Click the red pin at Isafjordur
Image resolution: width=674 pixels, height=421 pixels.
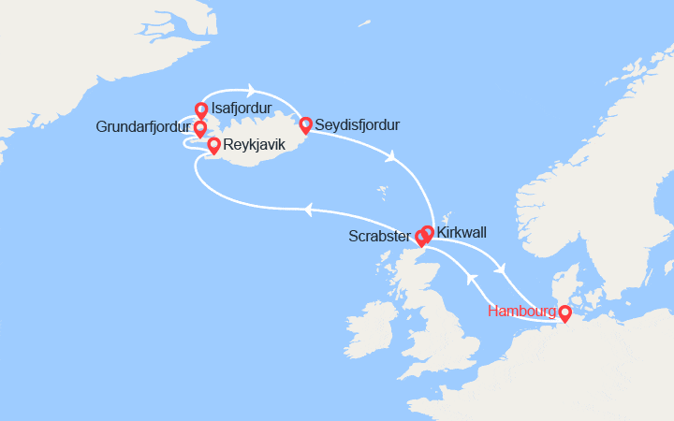(200, 110)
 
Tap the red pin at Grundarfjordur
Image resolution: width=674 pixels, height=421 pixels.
(200, 128)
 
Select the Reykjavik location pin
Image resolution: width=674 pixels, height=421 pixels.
(213, 145)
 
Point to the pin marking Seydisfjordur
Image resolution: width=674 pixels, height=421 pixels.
(305, 124)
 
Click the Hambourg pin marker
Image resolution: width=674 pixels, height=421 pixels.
(564, 313)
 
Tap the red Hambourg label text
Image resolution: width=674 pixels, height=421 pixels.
(521, 312)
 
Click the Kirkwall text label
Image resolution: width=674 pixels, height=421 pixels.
(462, 230)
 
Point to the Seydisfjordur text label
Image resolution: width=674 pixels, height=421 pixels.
(358, 124)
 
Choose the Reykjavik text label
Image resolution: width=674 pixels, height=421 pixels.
(255, 145)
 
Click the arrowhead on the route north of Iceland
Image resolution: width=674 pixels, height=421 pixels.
(251, 91)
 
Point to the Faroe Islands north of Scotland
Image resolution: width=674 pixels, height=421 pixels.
(384, 195)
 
